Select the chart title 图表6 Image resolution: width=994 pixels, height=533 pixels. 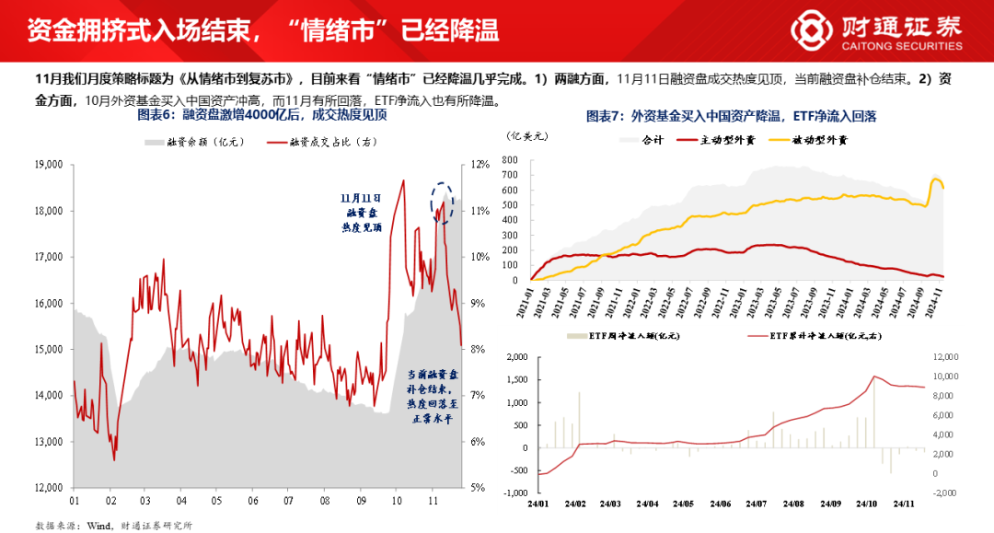(x=261, y=116)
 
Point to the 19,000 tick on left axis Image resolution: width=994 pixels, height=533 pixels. (x=46, y=165)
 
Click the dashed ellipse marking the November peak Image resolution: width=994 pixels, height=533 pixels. (x=445, y=201)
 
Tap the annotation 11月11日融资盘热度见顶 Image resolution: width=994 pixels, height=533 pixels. (x=360, y=213)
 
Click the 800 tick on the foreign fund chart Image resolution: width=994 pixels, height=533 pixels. (x=513, y=159)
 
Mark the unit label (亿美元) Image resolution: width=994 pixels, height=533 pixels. (x=526, y=134)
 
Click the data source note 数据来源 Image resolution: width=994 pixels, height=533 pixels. (x=114, y=525)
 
